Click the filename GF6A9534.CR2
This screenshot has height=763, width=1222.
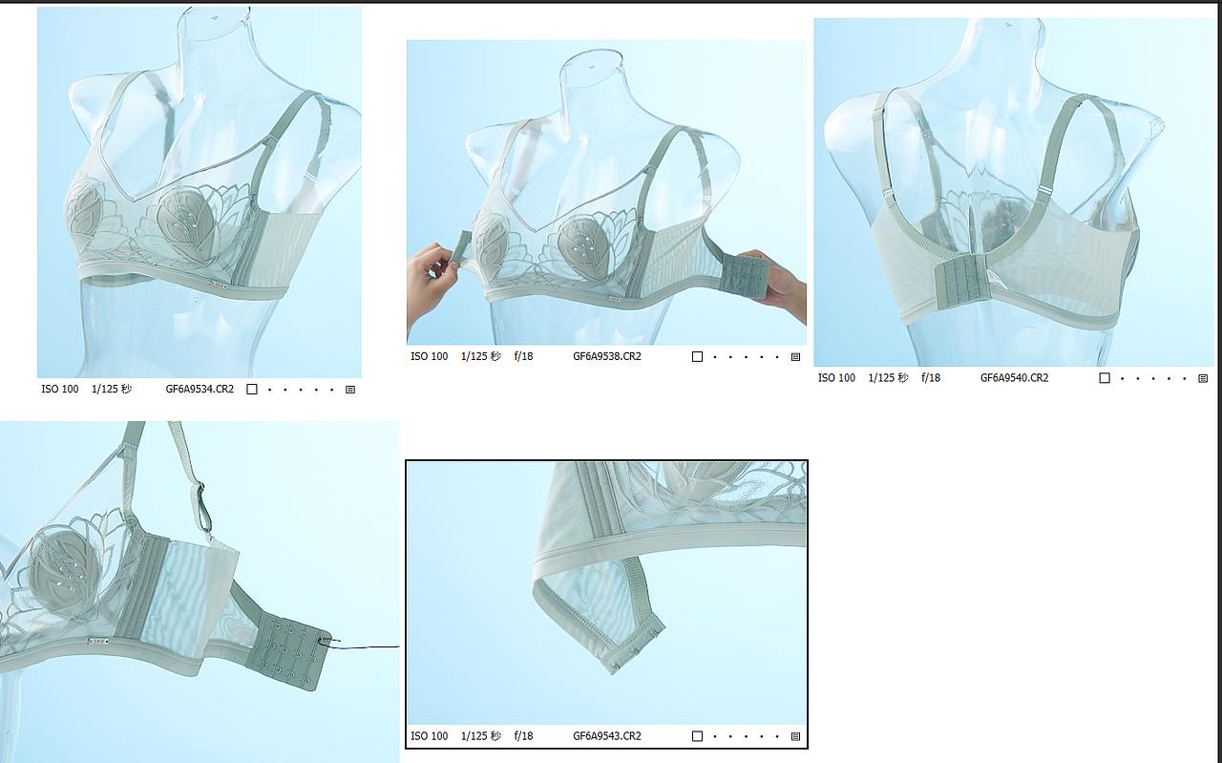click(x=200, y=390)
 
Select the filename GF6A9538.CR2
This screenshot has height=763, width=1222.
click(x=607, y=357)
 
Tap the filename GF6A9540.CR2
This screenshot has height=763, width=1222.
click(x=1014, y=378)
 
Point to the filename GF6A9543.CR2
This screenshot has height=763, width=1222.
click(x=607, y=736)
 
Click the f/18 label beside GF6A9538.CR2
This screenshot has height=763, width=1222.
click(x=523, y=357)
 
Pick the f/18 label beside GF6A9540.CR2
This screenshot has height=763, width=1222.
click(x=931, y=378)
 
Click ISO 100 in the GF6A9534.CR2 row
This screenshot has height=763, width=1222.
click(x=60, y=390)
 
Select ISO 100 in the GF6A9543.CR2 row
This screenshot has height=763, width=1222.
click(x=429, y=736)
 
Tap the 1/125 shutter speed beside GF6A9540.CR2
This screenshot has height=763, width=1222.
click(x=888, y=378)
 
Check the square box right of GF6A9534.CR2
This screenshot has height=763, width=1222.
click(x=252, y=390)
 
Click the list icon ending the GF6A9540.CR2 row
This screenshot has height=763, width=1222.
click(x=1203, y=379)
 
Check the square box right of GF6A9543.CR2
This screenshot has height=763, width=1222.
click(x=697, y=736)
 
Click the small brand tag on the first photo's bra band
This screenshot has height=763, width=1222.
click(x=219, y=284)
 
